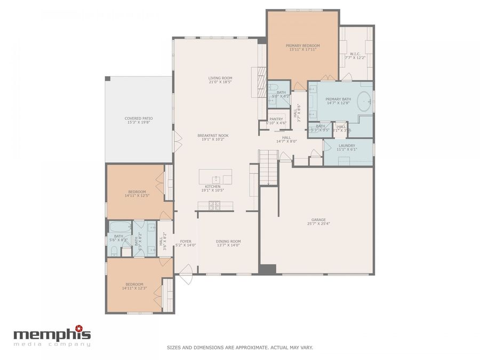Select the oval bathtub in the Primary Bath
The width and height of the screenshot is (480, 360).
tap(364, 101)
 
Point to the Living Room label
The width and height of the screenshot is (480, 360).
tap(220, 78)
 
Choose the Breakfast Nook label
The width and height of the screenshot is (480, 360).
tap(213, 135)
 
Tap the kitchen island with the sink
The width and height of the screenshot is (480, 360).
tap(215, 177)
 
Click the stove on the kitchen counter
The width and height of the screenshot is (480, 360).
tap(214, 205)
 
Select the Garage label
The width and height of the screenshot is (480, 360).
tap(318, 220)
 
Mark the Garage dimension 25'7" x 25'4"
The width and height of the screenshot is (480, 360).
tap(318, 224)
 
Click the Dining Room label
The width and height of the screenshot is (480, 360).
tap(228, 241)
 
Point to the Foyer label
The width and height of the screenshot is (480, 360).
tap(186, 241)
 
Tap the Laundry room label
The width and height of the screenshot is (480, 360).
tap(347, 146)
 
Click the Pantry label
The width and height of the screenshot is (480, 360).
tap(276, 119)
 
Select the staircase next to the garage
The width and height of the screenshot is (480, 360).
tap(268, 166)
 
